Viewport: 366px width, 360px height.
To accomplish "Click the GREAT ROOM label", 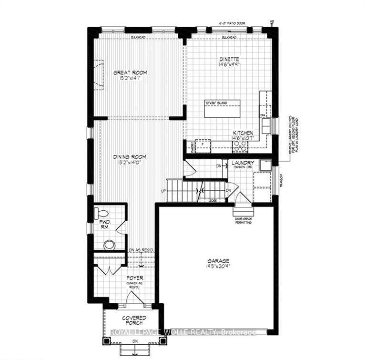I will [x=130, y=72].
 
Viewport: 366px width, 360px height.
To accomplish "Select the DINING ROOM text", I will [x=129, y=156].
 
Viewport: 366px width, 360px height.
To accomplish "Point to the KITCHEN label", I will [x=243, y=133].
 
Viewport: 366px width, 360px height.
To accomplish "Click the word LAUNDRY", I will [x=243, y=163].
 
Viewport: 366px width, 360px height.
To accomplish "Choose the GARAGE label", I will [x=218, y=261].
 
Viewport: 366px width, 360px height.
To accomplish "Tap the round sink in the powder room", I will [x=109, y=245].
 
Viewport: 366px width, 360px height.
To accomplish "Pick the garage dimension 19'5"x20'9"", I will [x=218, y=267].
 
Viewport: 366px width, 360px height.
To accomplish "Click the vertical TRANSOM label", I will [x=281, y=180].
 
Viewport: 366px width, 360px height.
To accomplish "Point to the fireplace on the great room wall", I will [x=98, y=74].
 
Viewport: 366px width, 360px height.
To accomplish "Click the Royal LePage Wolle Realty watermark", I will [x=183, y=332].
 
